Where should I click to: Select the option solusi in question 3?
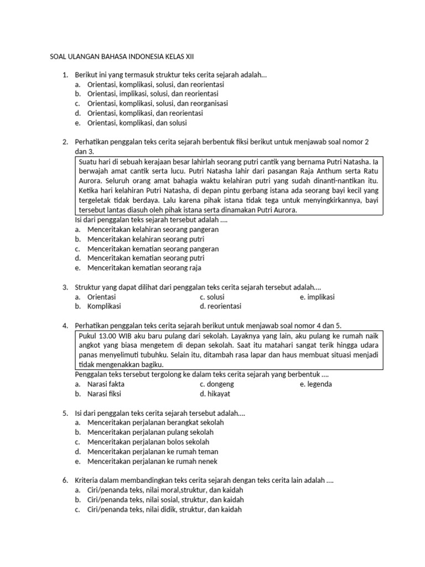click(x=216, y=297)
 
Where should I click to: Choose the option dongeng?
click(x=220, y=384)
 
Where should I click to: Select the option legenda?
click(x=319, y=384)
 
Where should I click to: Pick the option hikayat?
click(x=220, y=394)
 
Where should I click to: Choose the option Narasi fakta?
click(x=106, y=384)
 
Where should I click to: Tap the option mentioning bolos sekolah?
click(x=148, y=442)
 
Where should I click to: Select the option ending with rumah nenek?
click(x=152, y=461)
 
